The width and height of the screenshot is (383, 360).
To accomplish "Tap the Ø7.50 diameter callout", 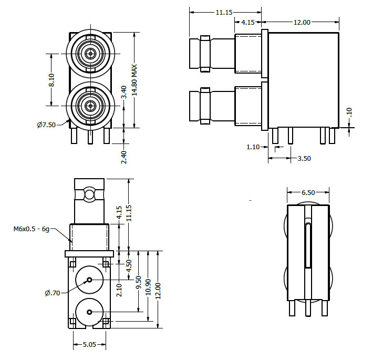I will point(46,125).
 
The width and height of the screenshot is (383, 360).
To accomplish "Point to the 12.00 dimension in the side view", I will point(302,22).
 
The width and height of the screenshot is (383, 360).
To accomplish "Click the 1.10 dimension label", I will point(253,147).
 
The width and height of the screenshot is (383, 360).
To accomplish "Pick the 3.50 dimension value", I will point(304,158).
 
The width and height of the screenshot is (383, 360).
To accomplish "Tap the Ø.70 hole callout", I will point(52,293).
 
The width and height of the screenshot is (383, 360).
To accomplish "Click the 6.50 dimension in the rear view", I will point(308,193).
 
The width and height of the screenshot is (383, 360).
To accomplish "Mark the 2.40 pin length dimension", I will point(124,157).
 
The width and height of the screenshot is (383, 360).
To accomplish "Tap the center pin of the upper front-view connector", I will point(90,53).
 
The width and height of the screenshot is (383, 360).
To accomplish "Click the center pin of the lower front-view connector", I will point(90,105).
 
